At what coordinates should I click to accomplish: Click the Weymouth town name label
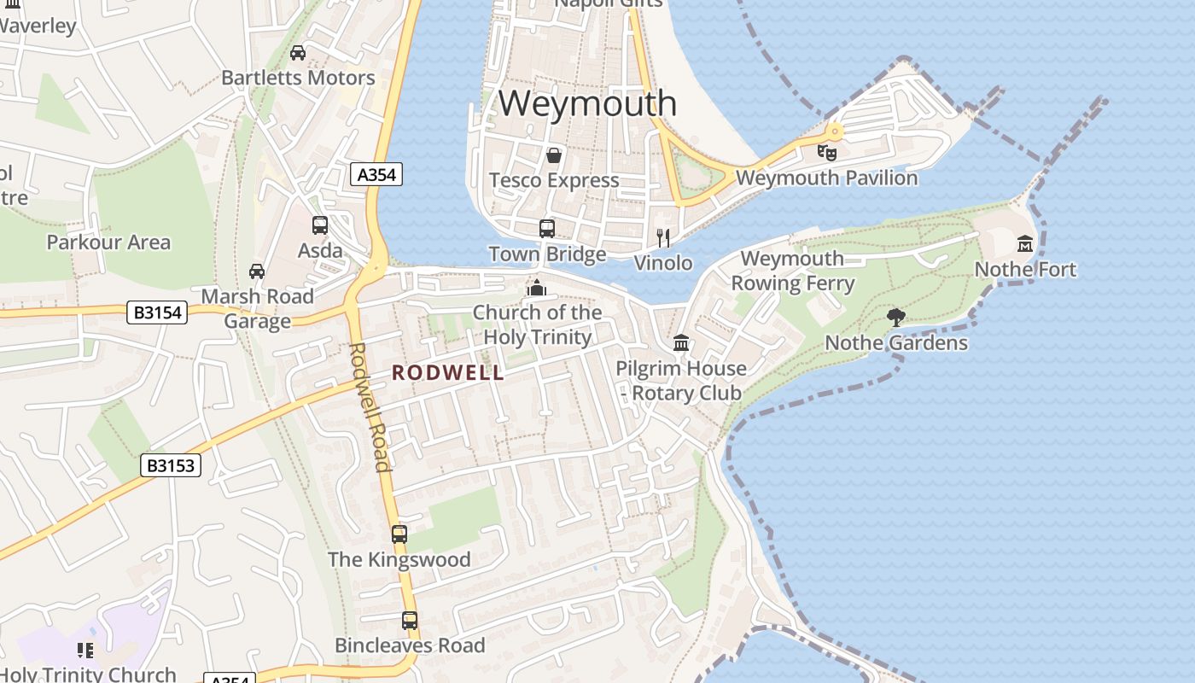(x=587, y=103)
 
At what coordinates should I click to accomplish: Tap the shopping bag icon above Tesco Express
(x=554, y=155)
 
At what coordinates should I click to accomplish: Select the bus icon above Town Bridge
(x=547, y=228)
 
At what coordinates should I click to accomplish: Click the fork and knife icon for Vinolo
(x=663, y=237)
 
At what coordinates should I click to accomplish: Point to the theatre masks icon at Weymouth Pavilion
(x=826, y=153)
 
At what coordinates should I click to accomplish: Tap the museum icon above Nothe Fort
(x=1025, y=244)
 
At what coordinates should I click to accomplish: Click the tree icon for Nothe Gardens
(x=895, y=318)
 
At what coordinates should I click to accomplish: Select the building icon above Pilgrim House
(x=681, y=343)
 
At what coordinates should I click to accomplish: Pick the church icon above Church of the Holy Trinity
(x=537, y=288)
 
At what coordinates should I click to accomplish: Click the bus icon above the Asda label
(x=320, y=225)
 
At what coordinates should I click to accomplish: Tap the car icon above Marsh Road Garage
(x=257, y=271)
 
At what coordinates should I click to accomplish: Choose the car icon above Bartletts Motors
(x=298, y=53)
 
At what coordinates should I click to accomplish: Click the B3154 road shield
(x=158, y=312)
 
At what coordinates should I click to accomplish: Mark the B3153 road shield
(x=171, y=465)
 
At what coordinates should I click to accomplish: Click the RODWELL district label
(x=448, y=373)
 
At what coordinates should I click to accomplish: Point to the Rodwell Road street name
(x=370, y=406)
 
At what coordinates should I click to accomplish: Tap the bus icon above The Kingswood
(x=399, y=534)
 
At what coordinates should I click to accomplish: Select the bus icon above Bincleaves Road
(x=410, y=621)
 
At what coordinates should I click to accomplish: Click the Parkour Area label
(x=108, y=242)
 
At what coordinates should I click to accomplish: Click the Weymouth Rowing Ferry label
(x=792, y=271)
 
